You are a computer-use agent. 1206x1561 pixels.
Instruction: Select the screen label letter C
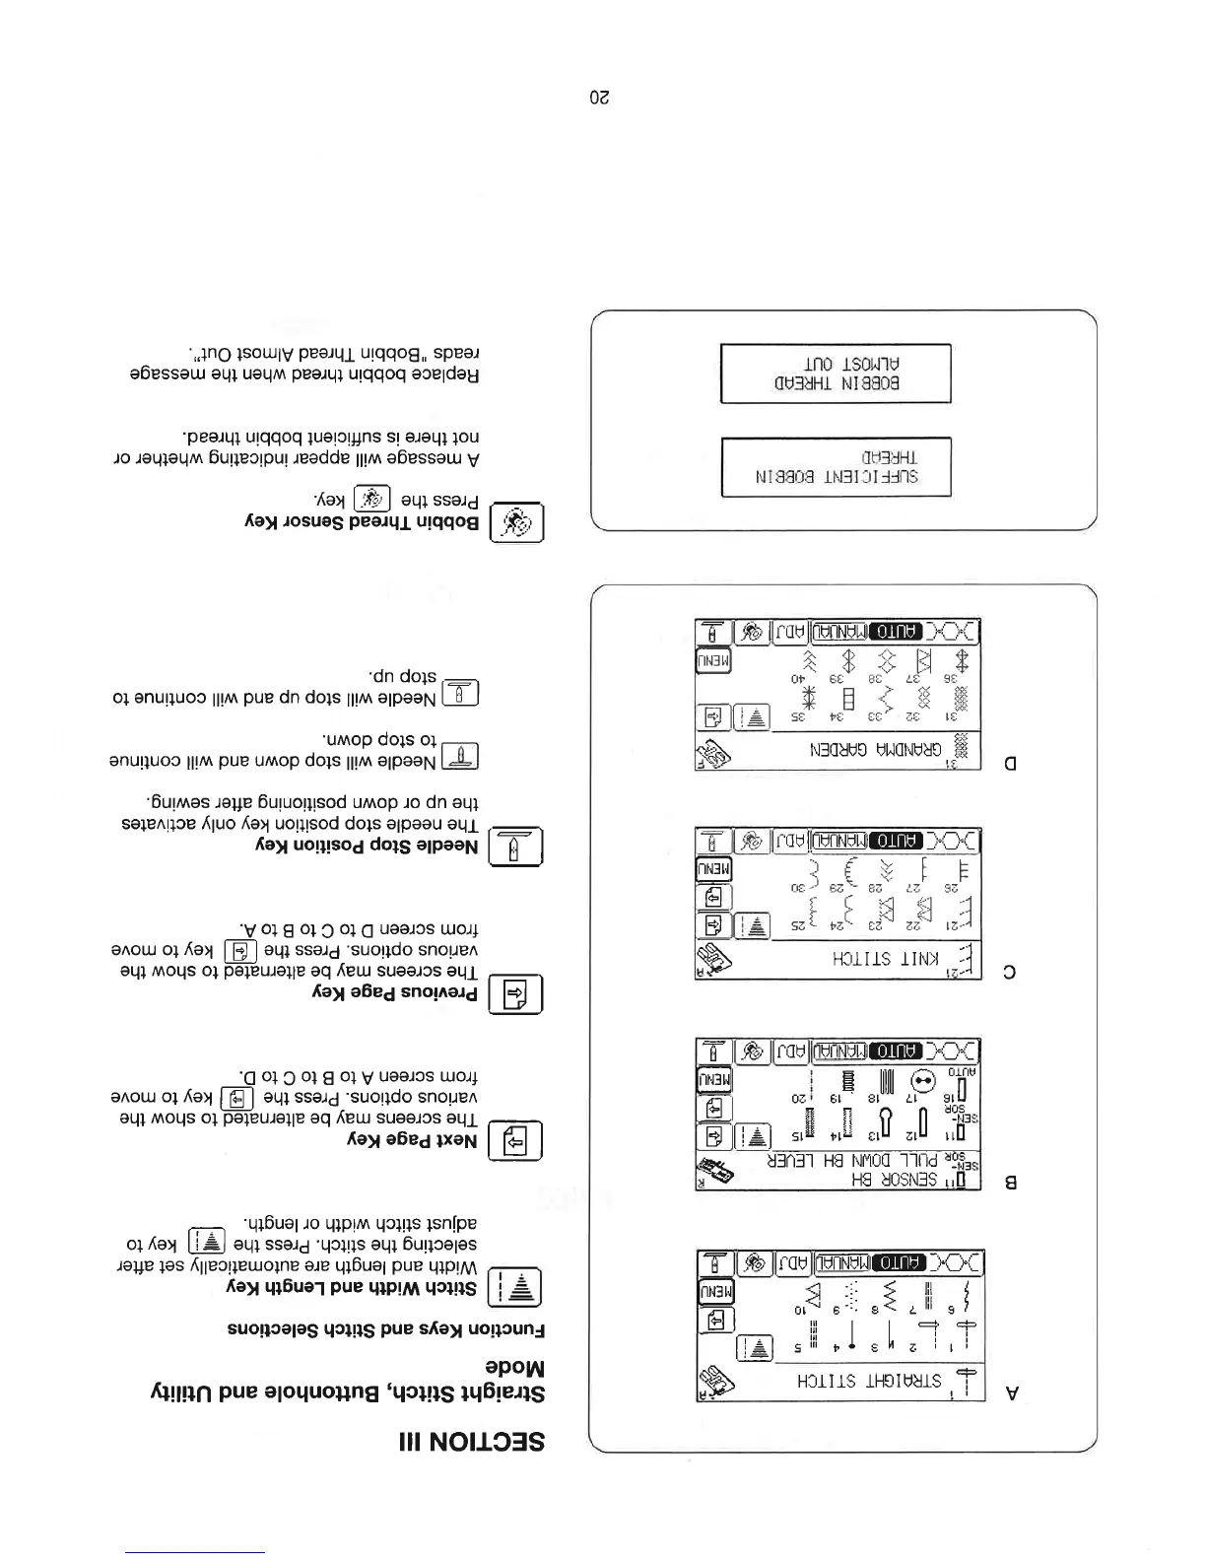[1010, 972]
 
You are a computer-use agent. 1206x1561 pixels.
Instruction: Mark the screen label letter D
[1011, 762]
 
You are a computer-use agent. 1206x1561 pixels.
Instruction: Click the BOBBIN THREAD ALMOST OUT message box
[836, 373]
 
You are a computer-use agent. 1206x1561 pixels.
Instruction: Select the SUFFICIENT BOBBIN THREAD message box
[836, 467]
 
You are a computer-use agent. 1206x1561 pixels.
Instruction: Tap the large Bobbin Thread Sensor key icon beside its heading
[516, 524]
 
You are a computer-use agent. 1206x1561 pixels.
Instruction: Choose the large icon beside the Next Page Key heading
[516, 1141]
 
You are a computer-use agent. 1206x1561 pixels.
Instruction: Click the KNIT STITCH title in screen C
[870, 958]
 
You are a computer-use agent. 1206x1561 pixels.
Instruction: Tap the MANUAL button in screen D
[838, 632]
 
